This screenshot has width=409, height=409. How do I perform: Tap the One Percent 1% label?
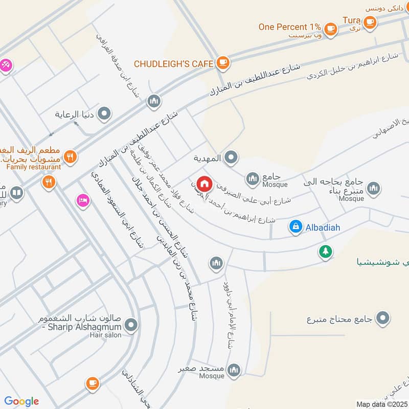click(289, 27)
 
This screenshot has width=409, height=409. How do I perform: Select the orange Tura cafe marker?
click(370, 21)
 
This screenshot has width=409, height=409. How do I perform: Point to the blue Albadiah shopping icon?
click(296, 226)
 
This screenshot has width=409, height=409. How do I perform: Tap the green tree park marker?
click(325, 252)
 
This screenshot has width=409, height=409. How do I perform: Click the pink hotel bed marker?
click(82, 200)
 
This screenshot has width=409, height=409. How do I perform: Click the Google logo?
click(21, 401)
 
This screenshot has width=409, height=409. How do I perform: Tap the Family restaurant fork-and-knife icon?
click(71, 157)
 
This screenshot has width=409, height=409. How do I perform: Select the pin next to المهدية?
click(231, 158)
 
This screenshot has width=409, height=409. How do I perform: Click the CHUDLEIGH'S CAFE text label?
click(173, 64)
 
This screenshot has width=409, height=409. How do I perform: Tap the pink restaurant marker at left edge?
click(6, 65)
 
